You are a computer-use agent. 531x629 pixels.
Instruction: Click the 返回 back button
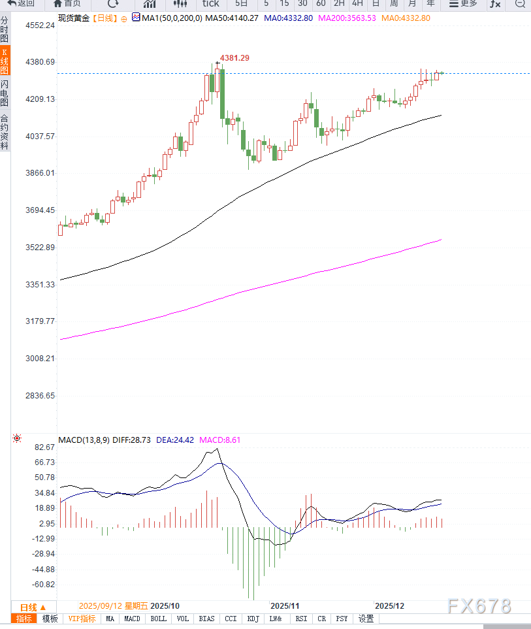coord(21,4)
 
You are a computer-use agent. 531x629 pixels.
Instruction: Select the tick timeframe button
coord(210,4)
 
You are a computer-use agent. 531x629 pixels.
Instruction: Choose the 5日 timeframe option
coord(241,4)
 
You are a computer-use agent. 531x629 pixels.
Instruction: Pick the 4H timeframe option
coord(357,4)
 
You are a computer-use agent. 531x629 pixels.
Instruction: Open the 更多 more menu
coord(464,4)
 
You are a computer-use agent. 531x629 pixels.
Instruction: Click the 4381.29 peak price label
coord(234,58)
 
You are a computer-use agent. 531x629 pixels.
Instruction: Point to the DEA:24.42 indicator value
coord(175,440)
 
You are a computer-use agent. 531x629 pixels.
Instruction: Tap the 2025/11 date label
coord(284,605)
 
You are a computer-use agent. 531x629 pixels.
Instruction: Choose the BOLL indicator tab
coord(158,619)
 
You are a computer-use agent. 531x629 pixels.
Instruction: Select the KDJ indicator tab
coord(254,619)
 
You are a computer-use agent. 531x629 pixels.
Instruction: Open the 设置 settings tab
coord(366,619)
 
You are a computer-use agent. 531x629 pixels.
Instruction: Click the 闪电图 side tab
coord(5,93)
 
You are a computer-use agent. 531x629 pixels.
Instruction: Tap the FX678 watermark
coord(479,606)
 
